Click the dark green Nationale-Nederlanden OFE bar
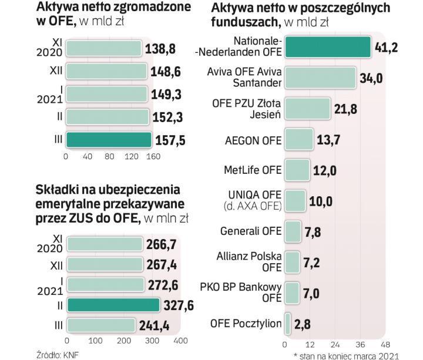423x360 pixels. [x=327, y=47]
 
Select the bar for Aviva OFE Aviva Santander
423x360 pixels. [x=320, y=78]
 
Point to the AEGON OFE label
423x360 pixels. [x=253, y=141]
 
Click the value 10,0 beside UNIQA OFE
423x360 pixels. [x=321, y=201]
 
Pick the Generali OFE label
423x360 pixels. [x=251, y=231]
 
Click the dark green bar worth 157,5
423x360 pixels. [x=108, y=140]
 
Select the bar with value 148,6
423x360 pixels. [x=106, y=72]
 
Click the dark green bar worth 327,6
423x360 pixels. [x=113, y=305]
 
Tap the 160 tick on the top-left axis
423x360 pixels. [x=153, y=157]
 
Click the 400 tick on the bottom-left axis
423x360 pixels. [x=180, y=341]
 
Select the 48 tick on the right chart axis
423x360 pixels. [x=385, y=344]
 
